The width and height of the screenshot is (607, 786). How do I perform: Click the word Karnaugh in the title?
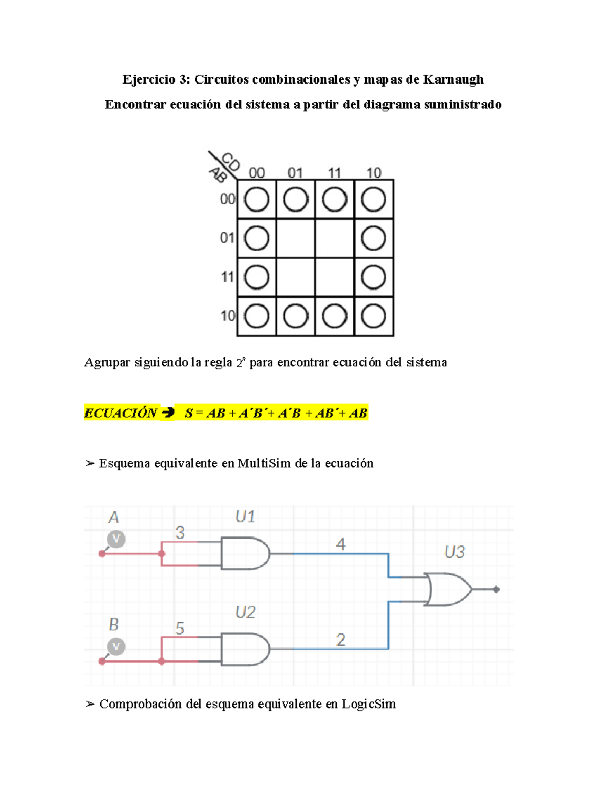[x=453, y=79]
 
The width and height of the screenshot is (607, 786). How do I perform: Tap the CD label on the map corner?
[x=230, y=162]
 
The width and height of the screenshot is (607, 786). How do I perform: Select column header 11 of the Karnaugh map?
[x=334, y=173]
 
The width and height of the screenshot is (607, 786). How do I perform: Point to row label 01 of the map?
[x=227, y=238]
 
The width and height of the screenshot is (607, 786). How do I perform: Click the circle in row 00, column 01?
[x=295, y=199]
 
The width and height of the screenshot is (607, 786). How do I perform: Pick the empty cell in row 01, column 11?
[x=334, y=238]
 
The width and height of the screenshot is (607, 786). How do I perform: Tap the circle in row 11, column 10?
[x=374, y=277]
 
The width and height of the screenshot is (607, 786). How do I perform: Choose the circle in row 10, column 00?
[x=256, y=316]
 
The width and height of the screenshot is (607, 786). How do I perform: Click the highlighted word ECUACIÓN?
[x=121, y=413]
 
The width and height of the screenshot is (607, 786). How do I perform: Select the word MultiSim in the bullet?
[x=265, y=463]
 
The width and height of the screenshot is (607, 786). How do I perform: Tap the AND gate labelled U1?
[x=245, y=554]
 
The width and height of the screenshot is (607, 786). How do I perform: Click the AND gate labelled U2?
[x=245, y=649]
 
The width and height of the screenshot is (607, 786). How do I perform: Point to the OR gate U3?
[x=448, y=589]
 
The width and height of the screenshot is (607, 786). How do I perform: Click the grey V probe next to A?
[x=116, y=539]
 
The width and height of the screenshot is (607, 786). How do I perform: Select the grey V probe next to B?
[x=116, y=647]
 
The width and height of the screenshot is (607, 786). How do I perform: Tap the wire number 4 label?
[x=341, y=545]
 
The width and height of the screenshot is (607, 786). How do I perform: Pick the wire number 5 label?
[x=180, y=629]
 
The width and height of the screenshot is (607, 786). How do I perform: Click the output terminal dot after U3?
[x=497, y=589]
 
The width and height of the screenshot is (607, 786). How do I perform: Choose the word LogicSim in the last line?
[x=369, y=704]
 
